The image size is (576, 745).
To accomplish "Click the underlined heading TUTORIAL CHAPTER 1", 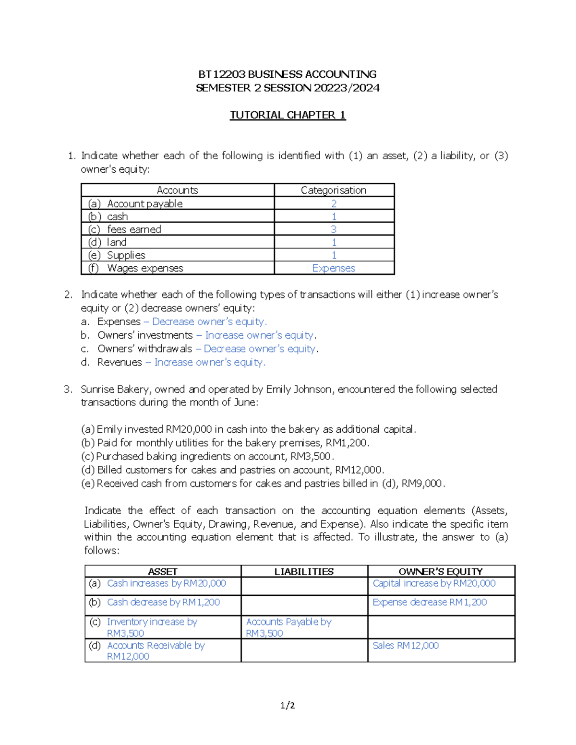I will pos(288,115).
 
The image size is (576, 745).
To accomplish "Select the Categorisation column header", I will pos(334,190).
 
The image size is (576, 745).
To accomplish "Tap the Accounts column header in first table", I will pos(177,190).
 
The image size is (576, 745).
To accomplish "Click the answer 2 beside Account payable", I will pos(334,203).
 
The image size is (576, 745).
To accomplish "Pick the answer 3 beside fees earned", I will pos(334,229).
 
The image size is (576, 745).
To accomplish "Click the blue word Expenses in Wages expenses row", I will pos(334,268).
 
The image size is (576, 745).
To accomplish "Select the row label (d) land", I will pos(108,242).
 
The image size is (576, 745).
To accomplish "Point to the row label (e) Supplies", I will pos(117,255).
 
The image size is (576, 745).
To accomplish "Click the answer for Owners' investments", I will pos(259,335).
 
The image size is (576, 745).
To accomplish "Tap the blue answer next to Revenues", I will pos(209,362).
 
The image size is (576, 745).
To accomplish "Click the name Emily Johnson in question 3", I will pos(298,389).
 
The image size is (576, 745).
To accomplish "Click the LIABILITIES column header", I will pos(304,572).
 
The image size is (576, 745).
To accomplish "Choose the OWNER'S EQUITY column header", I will pos(441,572).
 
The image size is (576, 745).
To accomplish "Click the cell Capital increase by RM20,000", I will pos(434,583).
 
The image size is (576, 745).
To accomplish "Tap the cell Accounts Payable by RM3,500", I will pos(288,627).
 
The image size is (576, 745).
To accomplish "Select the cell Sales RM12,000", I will pos(406,646).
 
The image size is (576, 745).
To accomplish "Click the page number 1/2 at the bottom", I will pos(288,705).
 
